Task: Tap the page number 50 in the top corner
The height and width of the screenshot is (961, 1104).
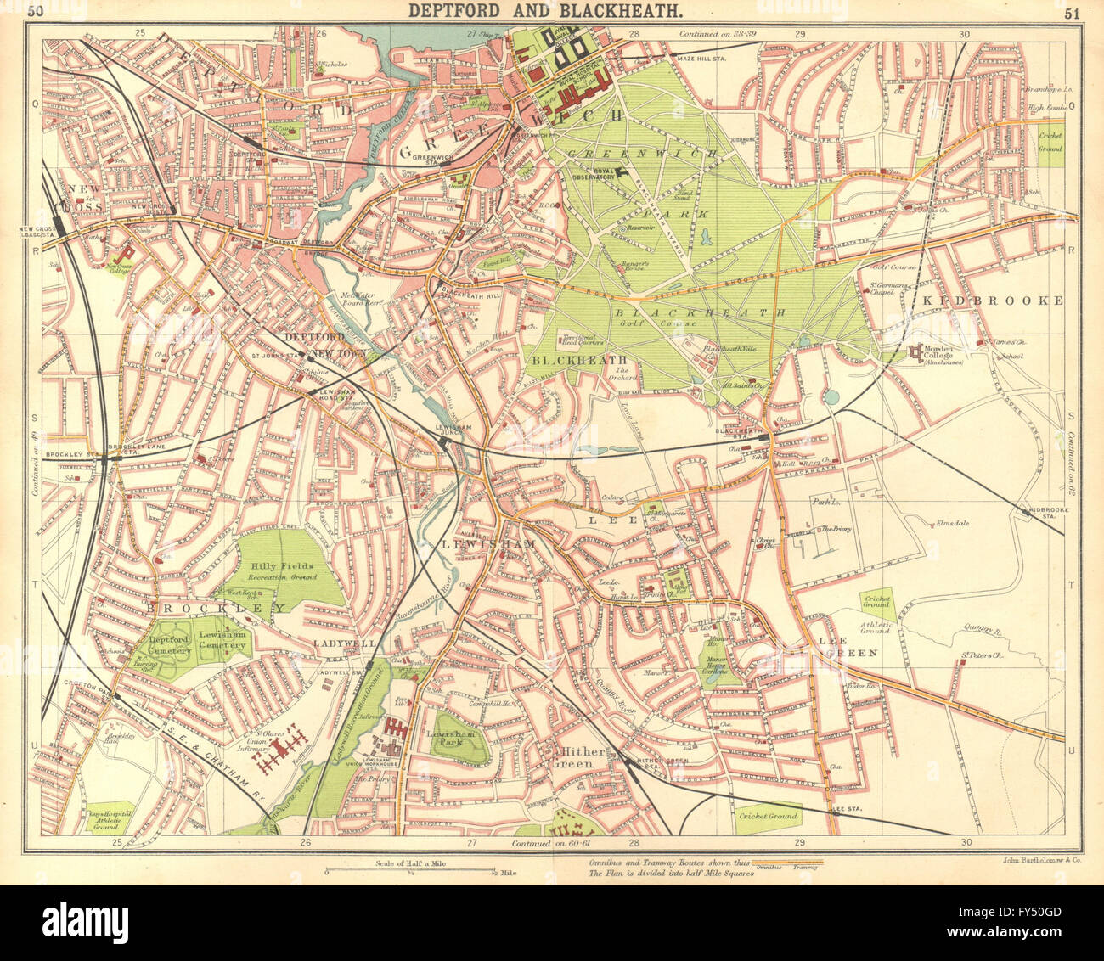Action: click(35, 11)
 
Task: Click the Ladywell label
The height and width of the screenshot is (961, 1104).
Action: click(345, 643)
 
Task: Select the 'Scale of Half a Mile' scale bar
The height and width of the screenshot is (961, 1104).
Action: click(411, 870)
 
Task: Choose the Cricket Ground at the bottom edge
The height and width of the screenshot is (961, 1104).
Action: click(769, 816)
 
